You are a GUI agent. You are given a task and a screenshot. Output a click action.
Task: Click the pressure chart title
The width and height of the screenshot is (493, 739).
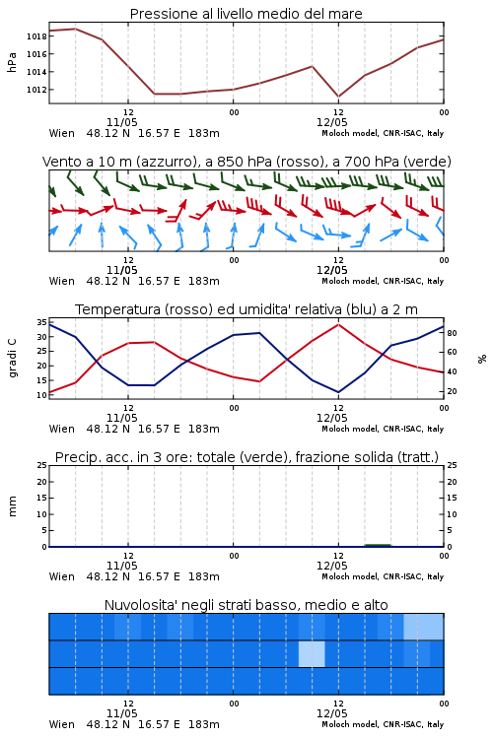pyautogui.click(x=246, y=14)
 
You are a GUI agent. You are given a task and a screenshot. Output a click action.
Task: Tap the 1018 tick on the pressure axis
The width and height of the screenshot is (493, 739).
pyautogui.click(x=36, y=36)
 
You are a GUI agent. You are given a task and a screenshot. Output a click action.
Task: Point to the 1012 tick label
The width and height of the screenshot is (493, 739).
pyautogui.click(x=36, y=90)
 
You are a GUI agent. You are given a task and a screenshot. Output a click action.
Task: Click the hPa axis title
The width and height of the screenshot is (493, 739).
pyautogui.click(x=12, y=62)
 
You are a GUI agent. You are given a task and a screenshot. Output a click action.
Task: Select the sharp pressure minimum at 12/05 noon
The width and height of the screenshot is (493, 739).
pyautogui.click(x=338, y=97)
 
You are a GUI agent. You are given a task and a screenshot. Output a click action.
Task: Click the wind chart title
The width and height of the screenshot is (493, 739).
pyautogui.click(x=246, y=162)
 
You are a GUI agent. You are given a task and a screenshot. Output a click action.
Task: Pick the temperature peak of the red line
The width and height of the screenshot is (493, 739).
pyautogui.click(x=338, y=324)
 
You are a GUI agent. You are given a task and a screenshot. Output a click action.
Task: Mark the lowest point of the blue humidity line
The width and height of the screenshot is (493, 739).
pyautogui.click(x=338, y=392)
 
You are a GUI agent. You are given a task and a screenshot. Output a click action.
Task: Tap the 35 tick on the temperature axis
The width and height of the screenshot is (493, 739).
pyautogui.click(x=42, y=322)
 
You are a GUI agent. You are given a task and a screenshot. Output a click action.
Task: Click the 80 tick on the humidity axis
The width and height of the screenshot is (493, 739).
pyautogui.click(x=452, y=333)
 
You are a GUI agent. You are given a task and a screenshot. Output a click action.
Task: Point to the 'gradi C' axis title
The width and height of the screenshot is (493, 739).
pyautogui.click(x=12, y=358)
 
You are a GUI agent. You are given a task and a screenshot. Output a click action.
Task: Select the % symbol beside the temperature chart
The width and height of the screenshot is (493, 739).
pyautogui.click(x=482, y=359)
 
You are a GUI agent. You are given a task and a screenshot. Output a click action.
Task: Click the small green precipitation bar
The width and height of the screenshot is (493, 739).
pyautogui.click(x=378, y=545)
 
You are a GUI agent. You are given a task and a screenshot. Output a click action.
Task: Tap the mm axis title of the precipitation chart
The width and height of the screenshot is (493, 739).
pyautogui.click(x=12, y=506)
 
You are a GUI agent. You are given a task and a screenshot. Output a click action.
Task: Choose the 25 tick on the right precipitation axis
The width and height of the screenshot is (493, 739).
pyautogui.click(x=452, y=465)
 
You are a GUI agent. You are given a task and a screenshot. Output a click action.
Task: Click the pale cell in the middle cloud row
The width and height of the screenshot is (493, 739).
pyautogui.click(x=312, y=654)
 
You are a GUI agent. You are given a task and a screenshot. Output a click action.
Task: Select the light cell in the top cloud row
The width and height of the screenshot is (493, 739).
pyautogui.click(x=424, y=627)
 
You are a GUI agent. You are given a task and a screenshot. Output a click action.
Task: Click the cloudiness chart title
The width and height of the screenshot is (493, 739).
pyautogui.click(x=246, y=605)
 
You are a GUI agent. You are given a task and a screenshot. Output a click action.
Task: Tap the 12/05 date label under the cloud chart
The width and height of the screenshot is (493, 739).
pyautogui.click(x=331, y=713)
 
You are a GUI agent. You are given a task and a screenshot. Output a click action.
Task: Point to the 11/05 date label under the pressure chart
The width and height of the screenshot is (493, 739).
pyautogui.click(x=121, y=122)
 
